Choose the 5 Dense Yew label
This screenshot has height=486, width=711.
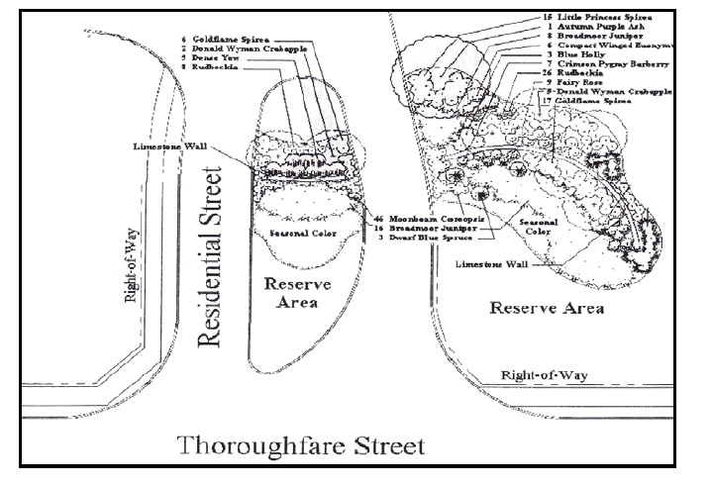pos(212,58)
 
